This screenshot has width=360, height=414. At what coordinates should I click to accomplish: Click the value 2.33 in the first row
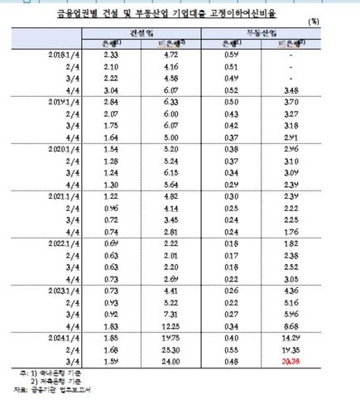click(x=113, y=55)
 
